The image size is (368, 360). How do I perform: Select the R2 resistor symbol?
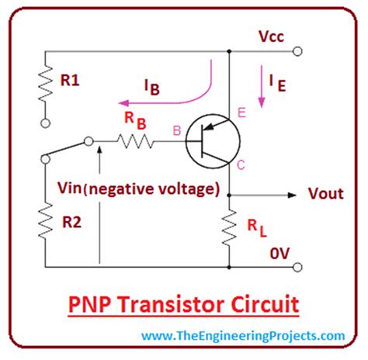(44, 220)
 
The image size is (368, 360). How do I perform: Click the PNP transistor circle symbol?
(210, 141)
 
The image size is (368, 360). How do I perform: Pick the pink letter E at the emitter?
(242, 114)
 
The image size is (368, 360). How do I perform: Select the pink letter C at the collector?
(242, 164)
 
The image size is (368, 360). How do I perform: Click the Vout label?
(325, 194)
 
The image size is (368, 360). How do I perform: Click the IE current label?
(276, 84)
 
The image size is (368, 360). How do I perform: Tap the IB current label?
(151, 88)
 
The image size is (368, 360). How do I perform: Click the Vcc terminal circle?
(297, 52)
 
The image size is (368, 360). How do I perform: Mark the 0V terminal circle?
(297, 268)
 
